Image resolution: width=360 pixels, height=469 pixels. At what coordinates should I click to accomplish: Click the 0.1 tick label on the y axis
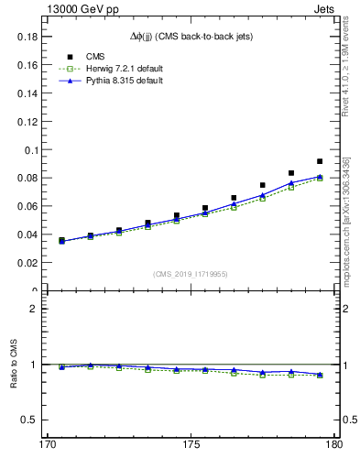point(27,149)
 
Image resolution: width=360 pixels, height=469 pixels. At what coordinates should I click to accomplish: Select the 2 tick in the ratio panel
point(31,309)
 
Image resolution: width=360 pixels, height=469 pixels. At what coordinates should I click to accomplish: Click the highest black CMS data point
point(320,161)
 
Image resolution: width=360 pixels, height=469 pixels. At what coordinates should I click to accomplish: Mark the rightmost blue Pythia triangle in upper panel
point(320,176)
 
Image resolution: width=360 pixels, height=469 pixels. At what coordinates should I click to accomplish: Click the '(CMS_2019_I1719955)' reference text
point(191,273)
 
